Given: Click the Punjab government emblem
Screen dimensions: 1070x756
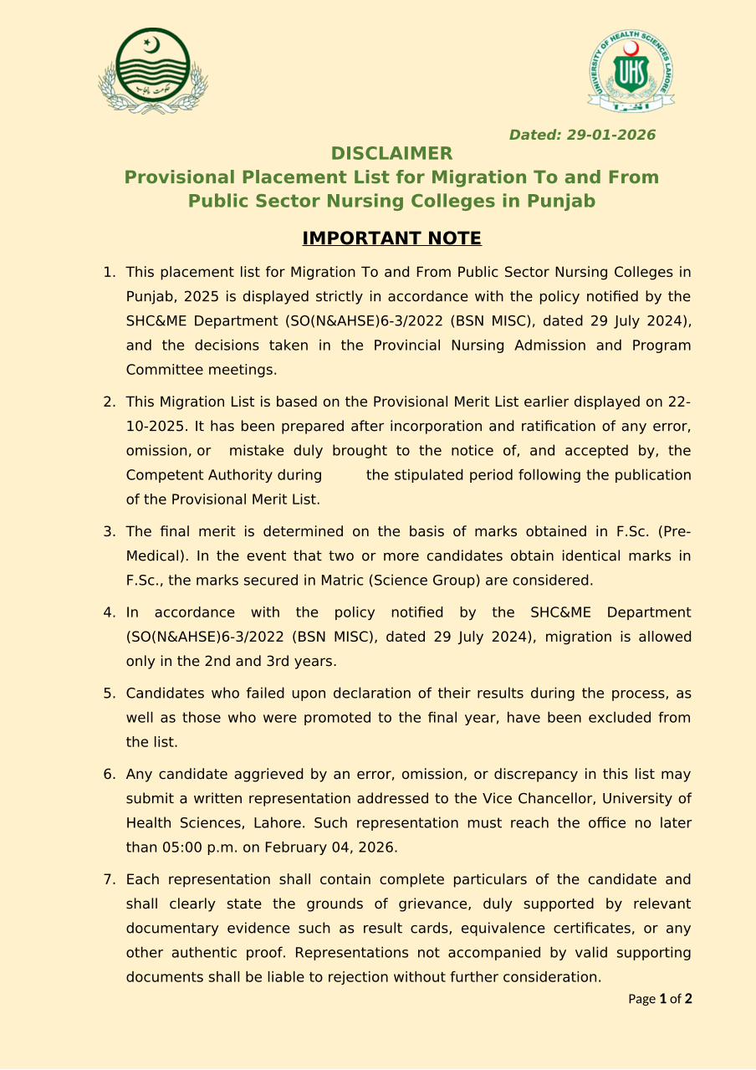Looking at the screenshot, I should (x=153, y=71).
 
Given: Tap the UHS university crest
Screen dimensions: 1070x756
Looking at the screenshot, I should (x=631, y=70).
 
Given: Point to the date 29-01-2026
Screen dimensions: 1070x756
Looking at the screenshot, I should (x=610, y=135).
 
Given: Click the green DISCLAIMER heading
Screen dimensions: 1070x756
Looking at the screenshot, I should (x=391, y=153).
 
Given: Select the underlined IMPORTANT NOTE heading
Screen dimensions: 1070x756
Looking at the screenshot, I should (x=391, y=238).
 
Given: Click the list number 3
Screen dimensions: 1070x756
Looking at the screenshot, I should (x=109, y=531).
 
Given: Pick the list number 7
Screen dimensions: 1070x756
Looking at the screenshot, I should (x=109, y=879).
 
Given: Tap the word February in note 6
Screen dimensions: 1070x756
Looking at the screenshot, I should (x=294, y=847).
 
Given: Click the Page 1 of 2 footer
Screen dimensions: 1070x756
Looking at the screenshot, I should (x=660, y=999).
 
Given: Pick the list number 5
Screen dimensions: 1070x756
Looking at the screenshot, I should (x=109, y=694).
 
